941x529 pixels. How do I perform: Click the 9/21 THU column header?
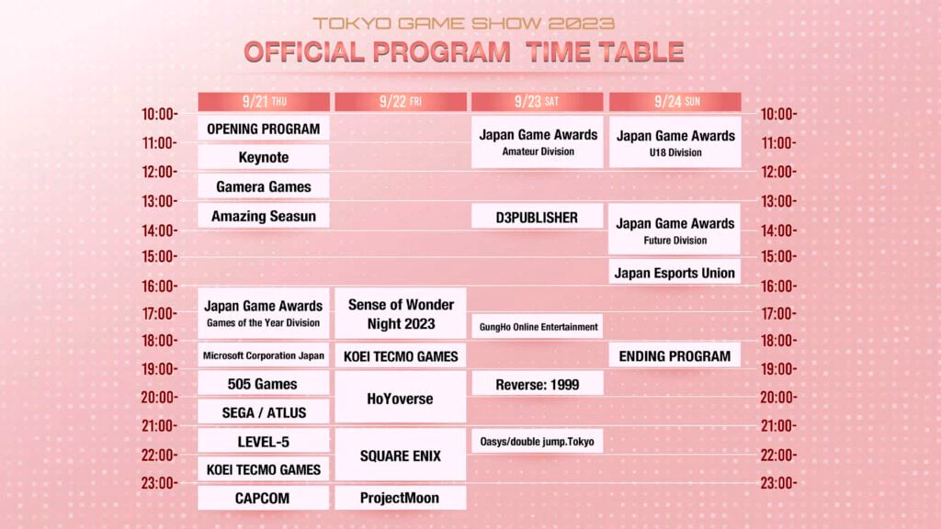(264, 101)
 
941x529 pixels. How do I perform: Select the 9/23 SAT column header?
(537, 101)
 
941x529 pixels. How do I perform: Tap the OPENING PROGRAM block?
(264, 129)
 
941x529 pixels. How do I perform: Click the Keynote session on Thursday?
(264, 157)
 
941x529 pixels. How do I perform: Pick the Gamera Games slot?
(264, 186)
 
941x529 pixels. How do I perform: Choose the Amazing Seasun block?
(264, 216)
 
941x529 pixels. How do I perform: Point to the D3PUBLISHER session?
(537, 217)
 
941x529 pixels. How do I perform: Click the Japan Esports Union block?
(675, 272)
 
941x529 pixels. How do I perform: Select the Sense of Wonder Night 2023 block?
(401, 314)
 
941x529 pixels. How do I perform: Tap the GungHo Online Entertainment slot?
(537, 326)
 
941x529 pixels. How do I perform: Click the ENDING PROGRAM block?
(675, 355)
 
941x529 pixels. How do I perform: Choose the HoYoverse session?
(401, 398)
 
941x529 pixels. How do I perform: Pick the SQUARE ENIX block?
(401, 456)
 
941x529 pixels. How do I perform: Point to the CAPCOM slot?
(264, 498)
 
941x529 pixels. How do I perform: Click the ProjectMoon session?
(401, 498)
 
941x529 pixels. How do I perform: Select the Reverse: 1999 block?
(537, 385)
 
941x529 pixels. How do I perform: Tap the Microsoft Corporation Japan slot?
(264, 355)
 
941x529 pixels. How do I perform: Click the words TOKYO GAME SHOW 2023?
(463, 23)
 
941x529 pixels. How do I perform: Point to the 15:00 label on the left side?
(159, 257)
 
